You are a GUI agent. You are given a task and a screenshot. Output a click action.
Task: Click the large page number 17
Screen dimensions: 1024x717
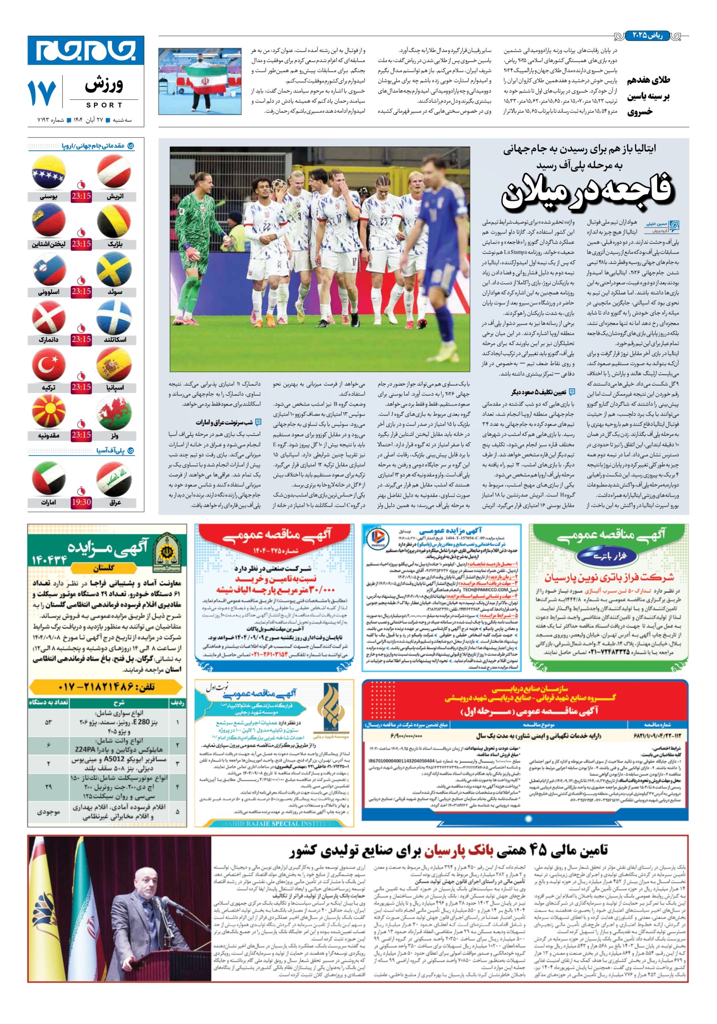pyautogui.click(x=42, y=92)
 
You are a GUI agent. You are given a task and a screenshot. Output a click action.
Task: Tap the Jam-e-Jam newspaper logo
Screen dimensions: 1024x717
pyautogui.click(x=86, y=50)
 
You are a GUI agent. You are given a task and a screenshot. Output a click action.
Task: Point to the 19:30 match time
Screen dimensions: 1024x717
pyautogui.click(x=81, y=502)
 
